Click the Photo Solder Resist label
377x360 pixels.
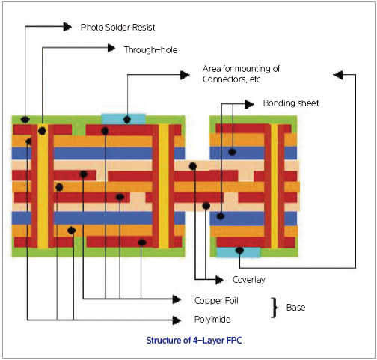[x=117, y=27]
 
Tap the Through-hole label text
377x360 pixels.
[x=151, y=50]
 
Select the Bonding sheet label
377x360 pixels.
[x=291, y=103]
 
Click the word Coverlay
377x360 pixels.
[x=249, y=280]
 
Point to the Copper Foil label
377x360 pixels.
[x=216, y=300]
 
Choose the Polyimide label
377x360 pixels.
[x=212, y=320]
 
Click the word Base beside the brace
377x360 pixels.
[x=295, y=308]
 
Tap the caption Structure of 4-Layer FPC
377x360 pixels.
[x=194, y=341]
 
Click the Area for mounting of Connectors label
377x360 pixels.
[x=241, y=74]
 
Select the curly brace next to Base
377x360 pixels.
[x=275, y=308]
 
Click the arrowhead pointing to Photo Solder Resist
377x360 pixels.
[x=67, y=26]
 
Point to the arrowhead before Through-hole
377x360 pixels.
[x=111, y=48]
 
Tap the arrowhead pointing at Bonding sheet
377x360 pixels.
[x=249, y=104]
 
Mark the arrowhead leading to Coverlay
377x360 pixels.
[x=219, y=280]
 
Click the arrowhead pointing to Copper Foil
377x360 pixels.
[x=177, y=299]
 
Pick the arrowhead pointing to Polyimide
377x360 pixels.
[x=177, y=320]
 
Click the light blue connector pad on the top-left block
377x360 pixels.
[x=123, y=119]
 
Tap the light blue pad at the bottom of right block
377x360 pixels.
[x=239, y=252]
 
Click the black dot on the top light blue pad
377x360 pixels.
[x=127, y=120]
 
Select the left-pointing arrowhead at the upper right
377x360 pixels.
[x=338, y=75]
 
